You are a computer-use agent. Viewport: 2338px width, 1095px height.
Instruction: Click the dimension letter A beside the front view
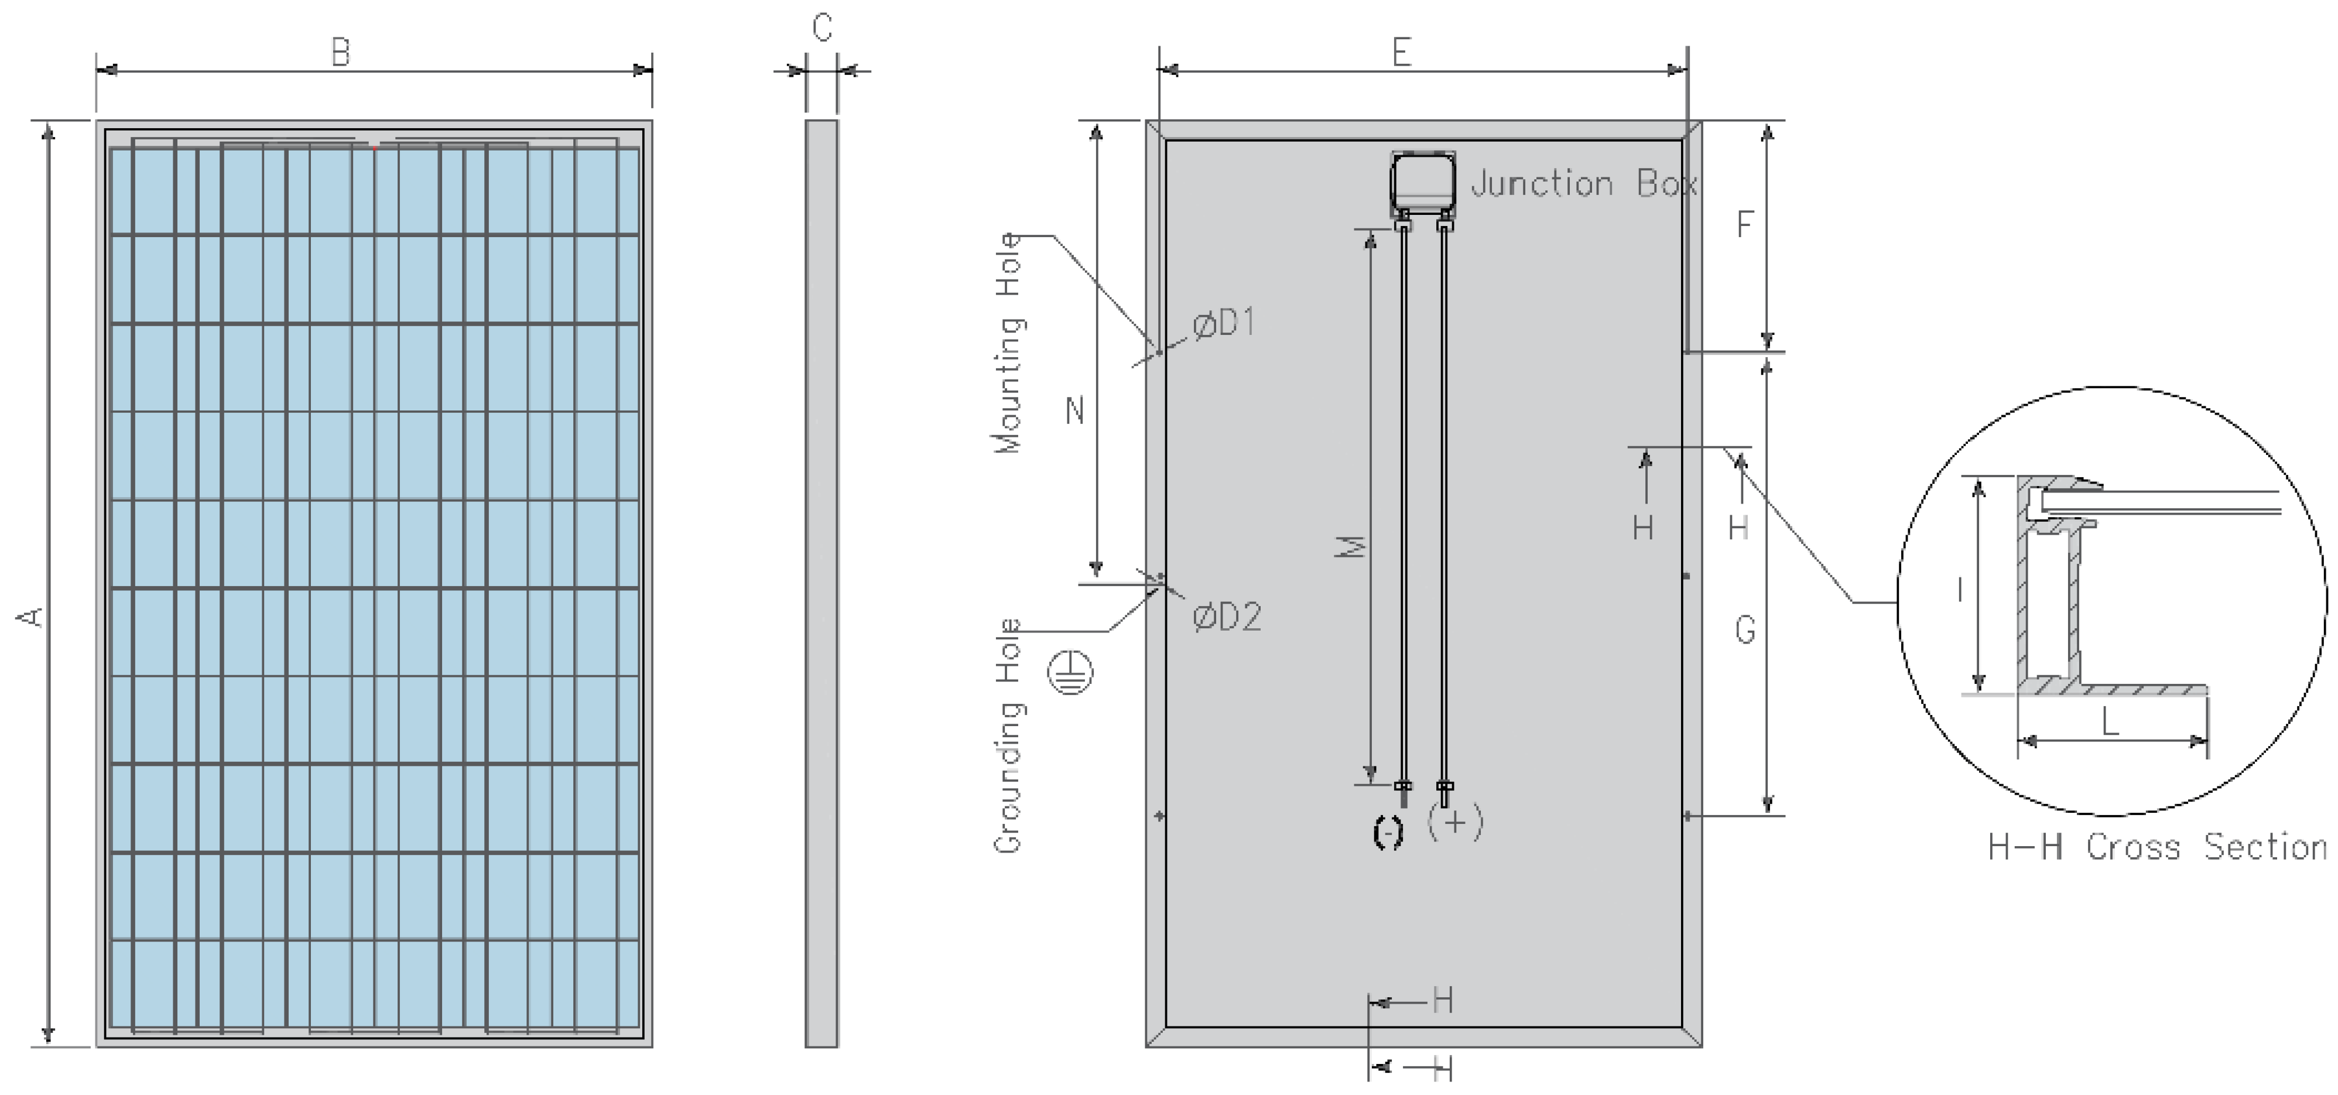[x=32, y=617]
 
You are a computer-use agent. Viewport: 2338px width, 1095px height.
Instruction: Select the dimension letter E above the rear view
[x=1401, y=53]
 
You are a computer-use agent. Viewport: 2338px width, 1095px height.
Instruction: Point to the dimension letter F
[x=1744, y=224]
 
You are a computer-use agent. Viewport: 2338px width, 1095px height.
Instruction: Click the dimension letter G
[x=1744, y=629]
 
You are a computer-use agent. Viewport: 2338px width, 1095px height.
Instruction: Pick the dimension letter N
[x=1074, y=411]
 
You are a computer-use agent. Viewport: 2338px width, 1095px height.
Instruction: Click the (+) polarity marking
[x=1455, y=823]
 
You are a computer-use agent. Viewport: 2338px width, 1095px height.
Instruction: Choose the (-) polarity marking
[x=1387, y=833]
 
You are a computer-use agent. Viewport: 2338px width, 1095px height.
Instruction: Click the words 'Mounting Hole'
[x=1009, y=343]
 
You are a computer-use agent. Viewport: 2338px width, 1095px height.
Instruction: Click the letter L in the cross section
[x=2110, y=722]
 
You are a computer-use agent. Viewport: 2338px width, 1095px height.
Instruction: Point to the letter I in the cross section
[x=1960, y=591]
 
